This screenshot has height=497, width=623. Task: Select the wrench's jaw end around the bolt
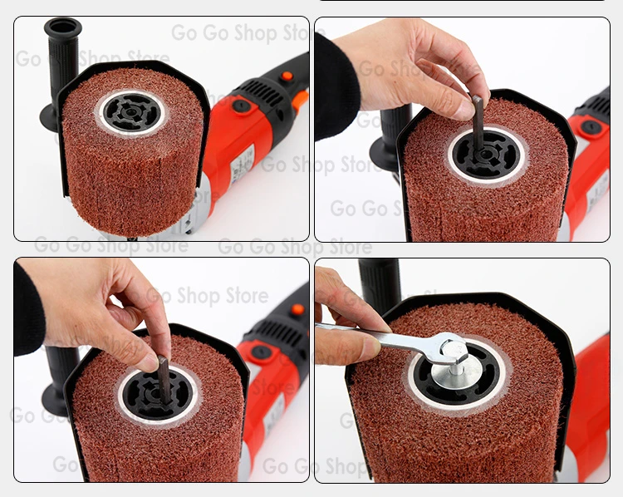[440, 350]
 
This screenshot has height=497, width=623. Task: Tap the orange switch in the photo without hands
[287, 76]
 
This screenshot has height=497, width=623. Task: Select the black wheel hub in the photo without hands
[130, 111]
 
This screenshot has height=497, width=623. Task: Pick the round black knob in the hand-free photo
[241, 106]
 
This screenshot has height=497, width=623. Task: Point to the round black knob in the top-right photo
[591, 127]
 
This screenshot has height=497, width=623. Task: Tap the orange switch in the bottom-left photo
[297, 309]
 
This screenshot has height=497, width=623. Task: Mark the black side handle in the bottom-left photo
[56, 383]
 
